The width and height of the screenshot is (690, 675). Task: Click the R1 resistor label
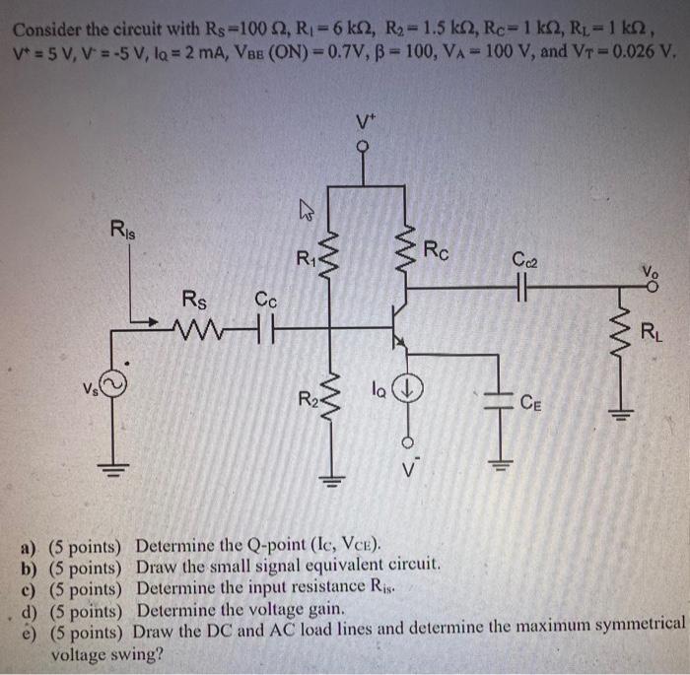click(x=306, y=260)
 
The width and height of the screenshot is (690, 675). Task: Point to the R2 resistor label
click(x=308, y=399)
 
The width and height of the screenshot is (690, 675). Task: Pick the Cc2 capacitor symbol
click(x=521, y=289)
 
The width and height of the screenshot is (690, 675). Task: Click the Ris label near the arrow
click(x=126, y=233)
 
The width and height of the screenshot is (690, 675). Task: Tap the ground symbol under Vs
click(x=115, y=469)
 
